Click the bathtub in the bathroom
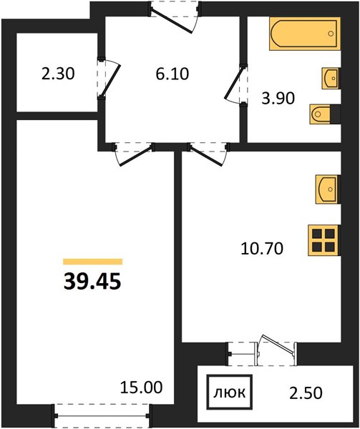[x=305, y=34]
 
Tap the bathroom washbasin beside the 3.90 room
[x=331, y=78]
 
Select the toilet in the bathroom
[x=321, y=114]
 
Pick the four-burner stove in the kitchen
[x=324, y=240]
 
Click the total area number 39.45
[x=92, y=282]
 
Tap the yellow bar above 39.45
[x=92, y=262]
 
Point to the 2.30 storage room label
[x=58, y=74]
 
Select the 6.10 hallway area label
[x=172, y=74]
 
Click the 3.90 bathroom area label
[x=278, y=98]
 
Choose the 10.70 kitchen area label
[x=262, y=249]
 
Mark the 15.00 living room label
[x=142, y=387]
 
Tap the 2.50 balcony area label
[x=306, y=393]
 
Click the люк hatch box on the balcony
[x=230, y=393]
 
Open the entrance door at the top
[x=175, y=17]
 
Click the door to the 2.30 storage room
[x=109, y=78]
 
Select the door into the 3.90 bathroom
[x=235, y=84]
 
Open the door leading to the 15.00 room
[x=133, y=154]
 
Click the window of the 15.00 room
[x=102, y=416]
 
